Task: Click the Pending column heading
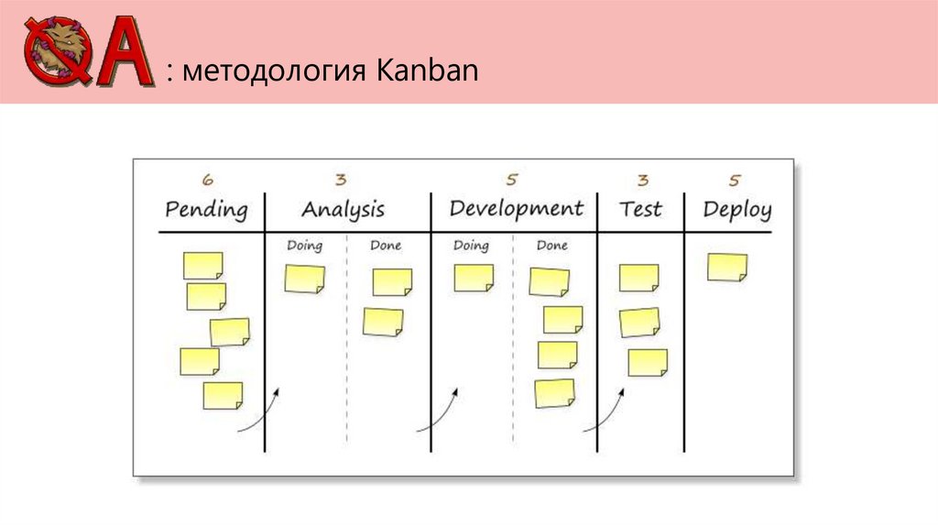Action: [x=206, y=210]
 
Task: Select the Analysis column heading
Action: [x=343, y=210]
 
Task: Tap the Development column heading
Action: [x=516, y=208]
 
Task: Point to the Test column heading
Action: [x=640, y=208]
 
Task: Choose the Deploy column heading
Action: [x=737, y=209]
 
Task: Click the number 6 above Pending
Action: [x=208, y=181]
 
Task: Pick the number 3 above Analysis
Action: [x=341, y=181]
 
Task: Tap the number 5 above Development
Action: [x=511, y=181]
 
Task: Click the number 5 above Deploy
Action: [x=736, y=181]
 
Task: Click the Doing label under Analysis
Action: [x=304, y=246]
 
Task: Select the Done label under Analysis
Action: [x=386, y=246]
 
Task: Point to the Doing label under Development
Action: [x=471, y=246]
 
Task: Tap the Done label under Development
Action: [x=552, y=246]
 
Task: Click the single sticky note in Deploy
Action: [x=727, y=268]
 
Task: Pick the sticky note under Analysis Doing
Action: [x=304, y=279]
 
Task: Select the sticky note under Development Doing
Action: [x=474, y=278]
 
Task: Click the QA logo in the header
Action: [x=87, y=52]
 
